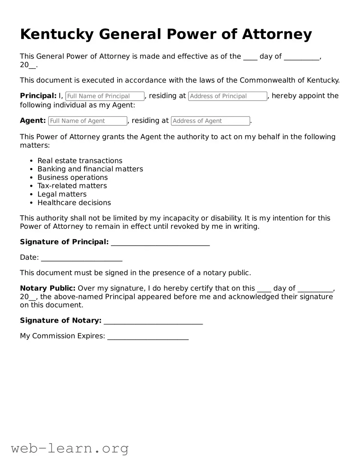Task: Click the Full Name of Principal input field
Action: point(105,96)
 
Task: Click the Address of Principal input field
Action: point(227,96)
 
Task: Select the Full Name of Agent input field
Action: point(87,121)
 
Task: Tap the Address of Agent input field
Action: point(210,121)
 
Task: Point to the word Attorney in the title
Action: point(277,34)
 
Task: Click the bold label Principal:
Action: point(38,96)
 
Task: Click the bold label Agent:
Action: point(33,120)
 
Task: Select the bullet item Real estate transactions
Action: point(80,161)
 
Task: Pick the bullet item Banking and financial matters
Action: point(90,169)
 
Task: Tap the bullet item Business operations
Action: point(73,177)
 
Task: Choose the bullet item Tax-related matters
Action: point(72,186)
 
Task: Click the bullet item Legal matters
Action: point(62,194)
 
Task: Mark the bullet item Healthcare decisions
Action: point(74,203)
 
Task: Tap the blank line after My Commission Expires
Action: point(148,337)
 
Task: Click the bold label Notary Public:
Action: point(48,288)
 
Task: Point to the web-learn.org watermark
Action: point(70,448)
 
